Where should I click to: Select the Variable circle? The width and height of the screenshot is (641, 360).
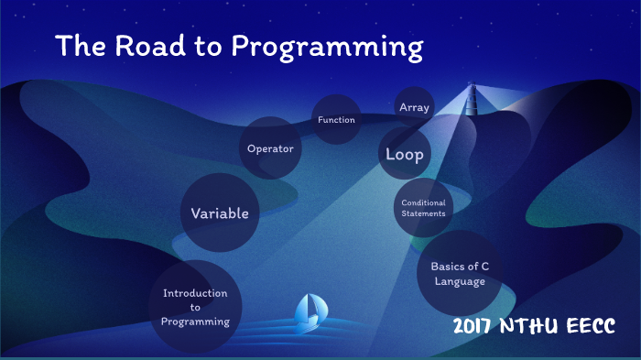point(219,213)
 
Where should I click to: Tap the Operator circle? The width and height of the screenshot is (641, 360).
point(271,148)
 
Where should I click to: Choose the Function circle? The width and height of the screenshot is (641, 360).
point(336,120)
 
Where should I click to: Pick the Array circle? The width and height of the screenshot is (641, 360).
point(414,107)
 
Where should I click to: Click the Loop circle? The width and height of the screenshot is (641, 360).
point(405,154)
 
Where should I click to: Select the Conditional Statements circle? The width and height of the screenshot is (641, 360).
point(423,208)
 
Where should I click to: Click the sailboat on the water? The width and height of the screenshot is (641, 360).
point(309,313)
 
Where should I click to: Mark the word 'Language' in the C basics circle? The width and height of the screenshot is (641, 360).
point(460,282)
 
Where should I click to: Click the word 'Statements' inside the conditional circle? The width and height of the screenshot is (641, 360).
point(423,213)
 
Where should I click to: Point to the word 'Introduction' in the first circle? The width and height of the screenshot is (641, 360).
point(195,293)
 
